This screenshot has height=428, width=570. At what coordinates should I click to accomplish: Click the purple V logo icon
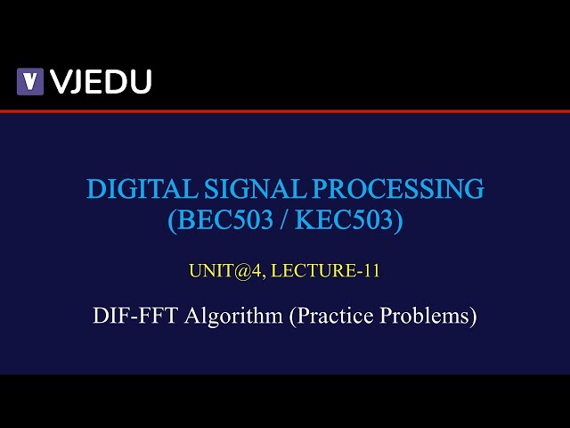(30, 81)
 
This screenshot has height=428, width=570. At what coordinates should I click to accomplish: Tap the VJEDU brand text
(101, 81)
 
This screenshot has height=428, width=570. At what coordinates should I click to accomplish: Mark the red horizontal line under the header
(285, 111)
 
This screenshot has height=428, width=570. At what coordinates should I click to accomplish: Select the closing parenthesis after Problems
(473, 317)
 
